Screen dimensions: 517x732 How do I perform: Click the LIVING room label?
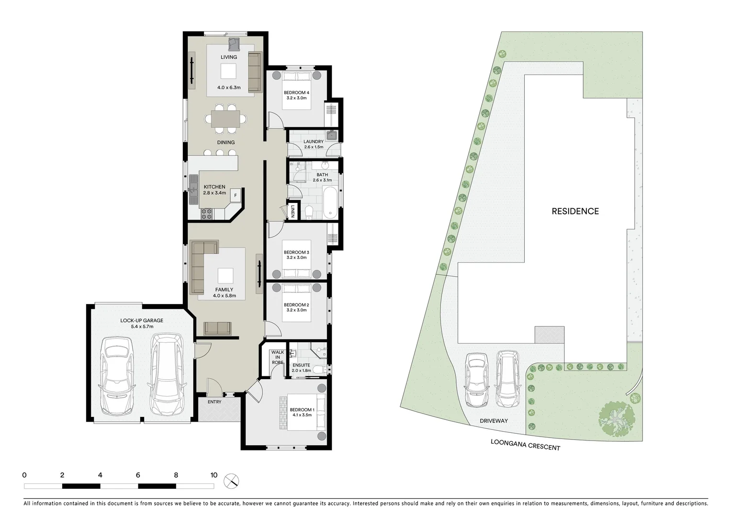[x=228, y=57]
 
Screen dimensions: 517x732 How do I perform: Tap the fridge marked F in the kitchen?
[x=235, y=195]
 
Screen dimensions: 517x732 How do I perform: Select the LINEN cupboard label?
[x=293, y=212]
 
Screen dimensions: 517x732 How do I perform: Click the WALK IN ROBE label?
[x=277, y=357]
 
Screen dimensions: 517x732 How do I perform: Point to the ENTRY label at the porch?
[x=214, y=402]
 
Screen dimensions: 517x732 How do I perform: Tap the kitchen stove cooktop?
[x=206, y=214]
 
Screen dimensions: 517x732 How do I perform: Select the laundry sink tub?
[x=331, y=135]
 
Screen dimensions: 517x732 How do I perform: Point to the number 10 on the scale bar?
[x=214, y=475]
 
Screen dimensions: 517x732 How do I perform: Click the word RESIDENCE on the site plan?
[x=575, y=211]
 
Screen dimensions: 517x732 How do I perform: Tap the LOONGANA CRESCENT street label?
[x=525, y=445]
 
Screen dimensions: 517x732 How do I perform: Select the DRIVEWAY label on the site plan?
[x=494, y=421]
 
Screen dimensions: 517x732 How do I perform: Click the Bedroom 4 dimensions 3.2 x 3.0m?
[x=296, y=98]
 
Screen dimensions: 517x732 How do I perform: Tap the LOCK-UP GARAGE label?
[x=141, y=321]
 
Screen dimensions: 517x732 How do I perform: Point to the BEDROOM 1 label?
[x=302, y=409]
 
